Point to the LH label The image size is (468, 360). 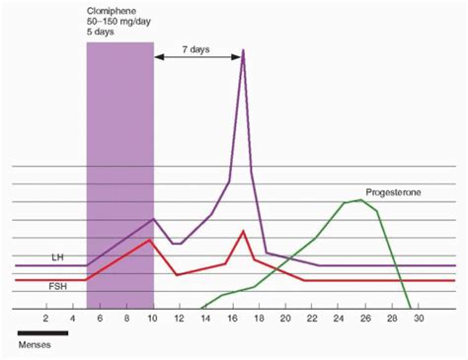58,256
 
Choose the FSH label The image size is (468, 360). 58,287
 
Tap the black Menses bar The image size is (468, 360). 42,333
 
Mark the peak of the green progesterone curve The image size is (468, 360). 361,200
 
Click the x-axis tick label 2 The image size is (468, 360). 46,318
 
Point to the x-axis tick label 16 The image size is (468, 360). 232,318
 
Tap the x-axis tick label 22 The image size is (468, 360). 312,318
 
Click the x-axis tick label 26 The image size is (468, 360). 365,318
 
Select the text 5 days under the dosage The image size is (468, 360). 101,33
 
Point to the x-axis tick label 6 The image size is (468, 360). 100,318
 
